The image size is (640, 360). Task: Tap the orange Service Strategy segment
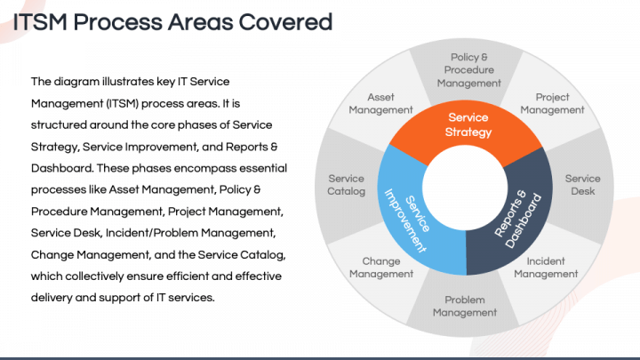pos(468,125)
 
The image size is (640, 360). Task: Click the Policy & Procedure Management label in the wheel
pos(468,70)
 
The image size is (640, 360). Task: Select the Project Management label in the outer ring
pos(552,104)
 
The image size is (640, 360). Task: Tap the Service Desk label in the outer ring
pos(582,185)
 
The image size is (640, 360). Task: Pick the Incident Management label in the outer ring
pos(545,268)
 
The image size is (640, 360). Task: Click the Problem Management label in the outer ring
pos(465,307)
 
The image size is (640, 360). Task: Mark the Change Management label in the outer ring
pos(380,268)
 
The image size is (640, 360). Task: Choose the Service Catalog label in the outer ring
pos(346,185)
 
